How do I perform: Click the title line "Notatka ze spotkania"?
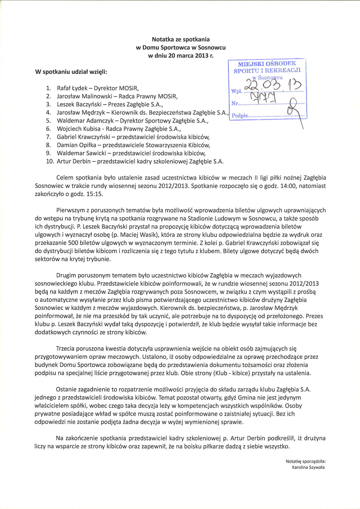coord(180,39)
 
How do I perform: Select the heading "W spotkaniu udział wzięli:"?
coord(71,72)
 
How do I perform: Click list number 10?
coord(50,161)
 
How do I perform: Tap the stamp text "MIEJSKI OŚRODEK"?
coord(267,64)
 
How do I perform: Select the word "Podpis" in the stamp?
coord(240,116)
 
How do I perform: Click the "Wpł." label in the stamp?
coord(237,91)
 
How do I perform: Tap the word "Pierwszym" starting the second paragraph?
coord(70,210)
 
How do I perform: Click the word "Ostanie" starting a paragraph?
coord(66,389)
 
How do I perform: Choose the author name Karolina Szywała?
coord(308,467)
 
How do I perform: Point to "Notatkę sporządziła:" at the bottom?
coord(306,461)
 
